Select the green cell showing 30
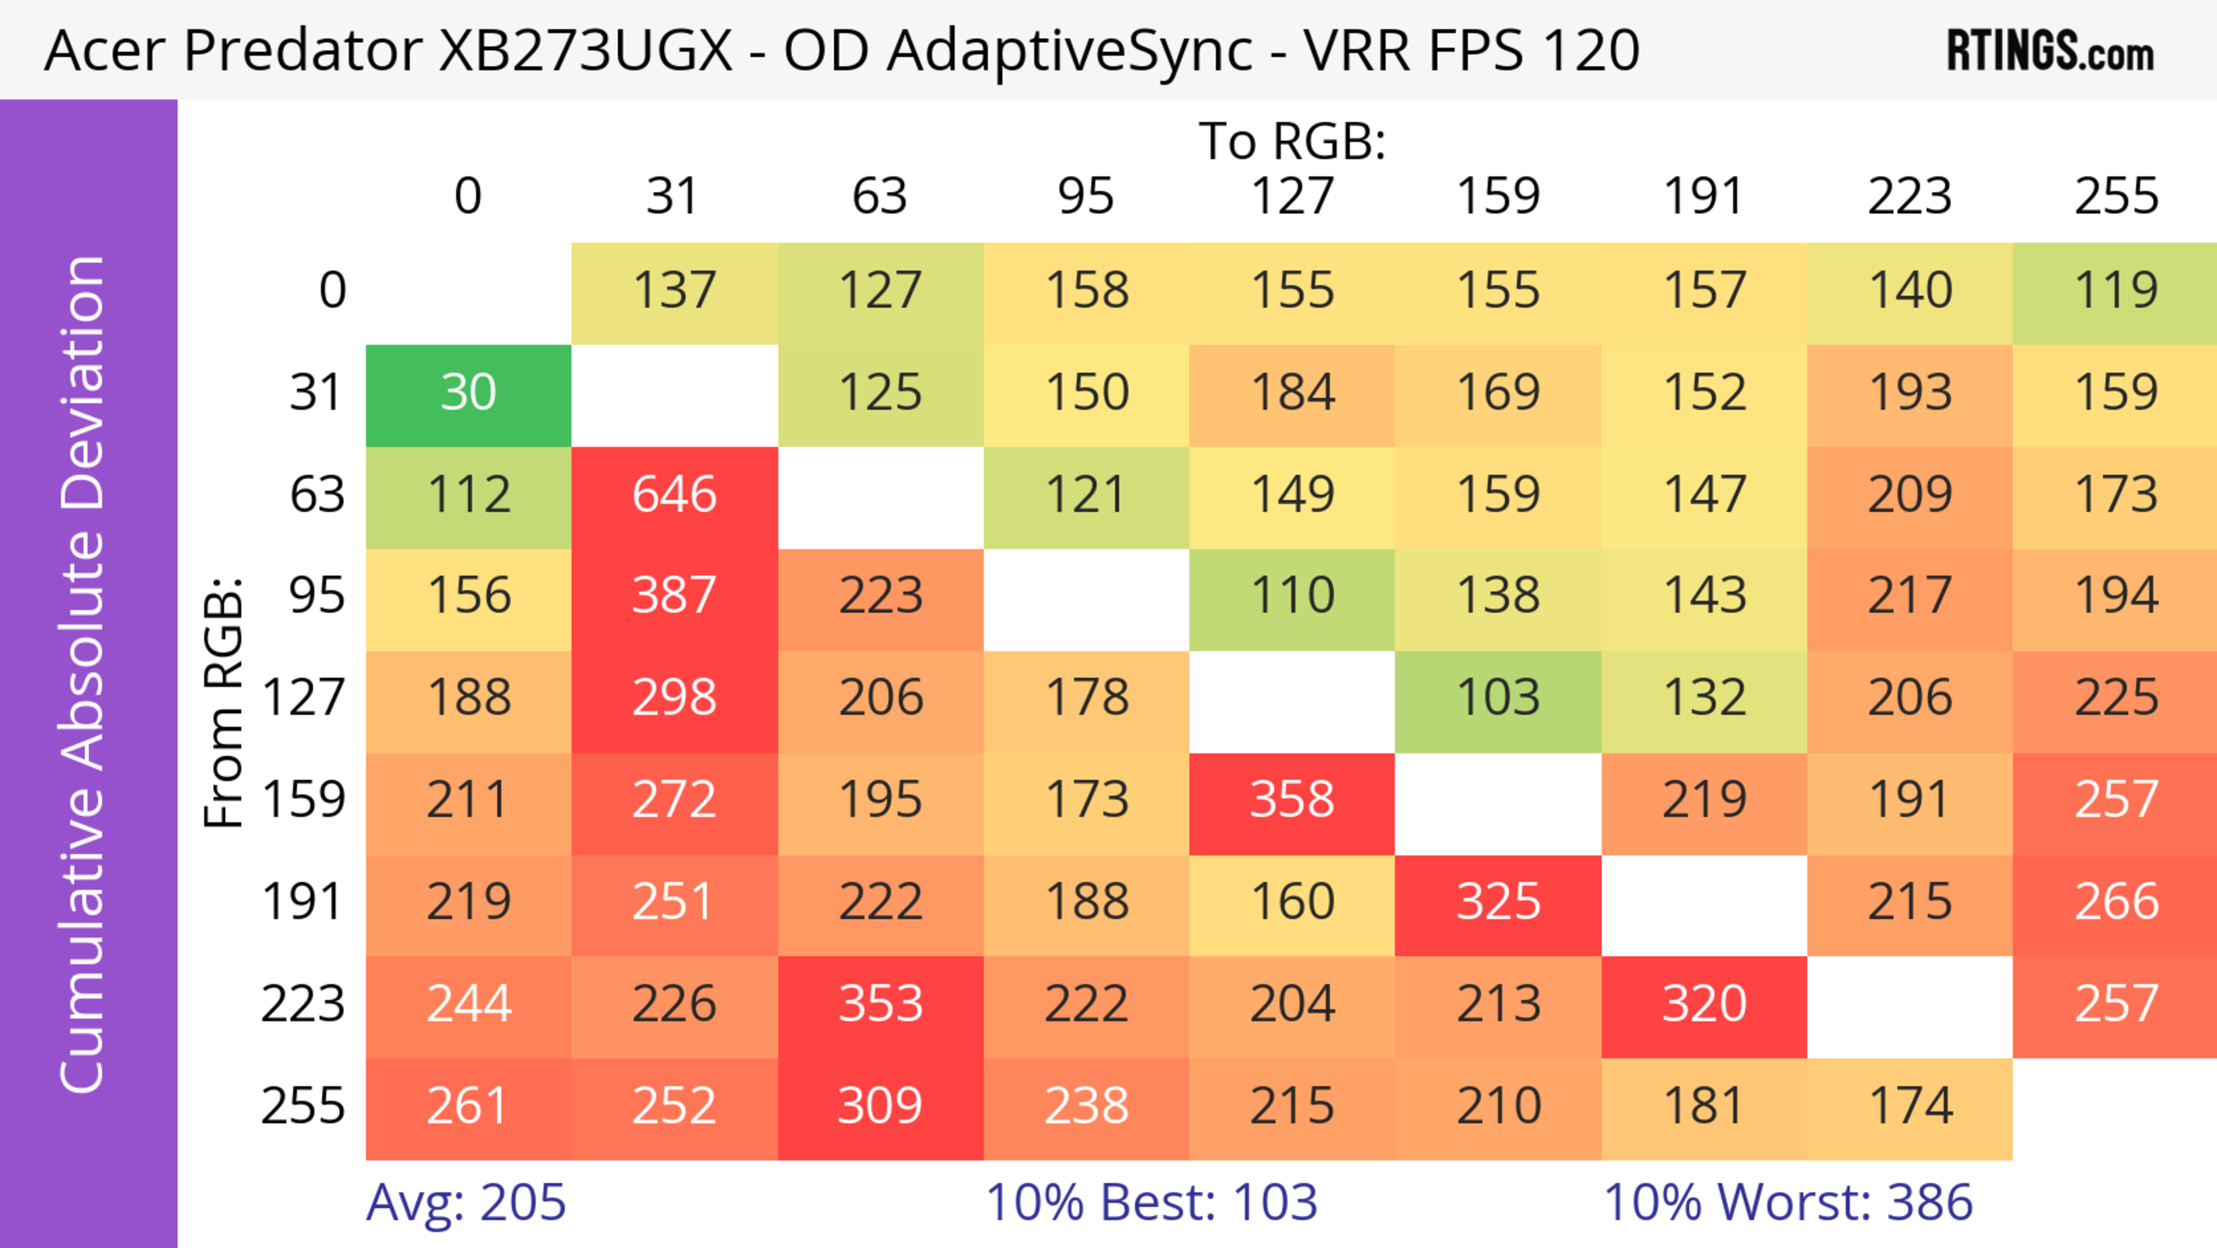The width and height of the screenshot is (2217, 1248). coord(468,393)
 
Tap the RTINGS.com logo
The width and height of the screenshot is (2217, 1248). coord(2050,51)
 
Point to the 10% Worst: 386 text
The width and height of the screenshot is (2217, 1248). coord(1787,1202)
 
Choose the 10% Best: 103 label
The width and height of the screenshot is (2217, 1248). coord(1152,1202)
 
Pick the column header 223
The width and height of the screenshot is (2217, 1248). coord(1910,196)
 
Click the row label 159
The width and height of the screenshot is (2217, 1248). coord(304,800)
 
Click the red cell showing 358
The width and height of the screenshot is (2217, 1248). coord(1292,800)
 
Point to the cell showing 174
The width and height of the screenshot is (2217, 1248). coord(1910,1106)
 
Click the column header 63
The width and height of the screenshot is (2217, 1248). coord(879,196)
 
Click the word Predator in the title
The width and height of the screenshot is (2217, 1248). coord(302,51)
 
